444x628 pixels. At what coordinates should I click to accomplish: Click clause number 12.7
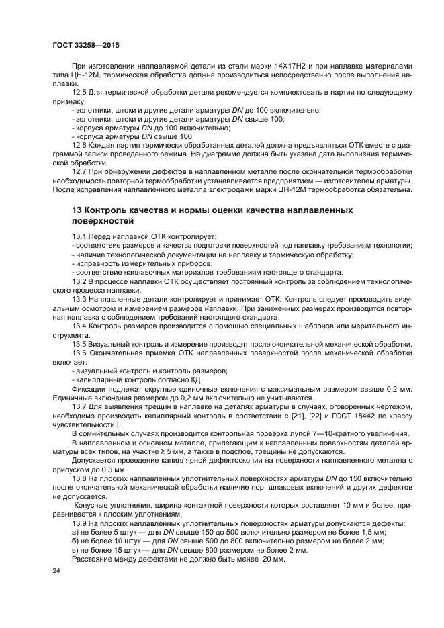tap(81, 173)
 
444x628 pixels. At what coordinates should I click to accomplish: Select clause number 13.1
tap(81, 237)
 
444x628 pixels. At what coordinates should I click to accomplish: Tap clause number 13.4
tap(81, 325)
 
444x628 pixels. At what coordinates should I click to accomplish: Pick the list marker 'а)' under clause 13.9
tap(75, 532)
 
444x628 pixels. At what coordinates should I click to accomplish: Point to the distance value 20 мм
tap(275, 559)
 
